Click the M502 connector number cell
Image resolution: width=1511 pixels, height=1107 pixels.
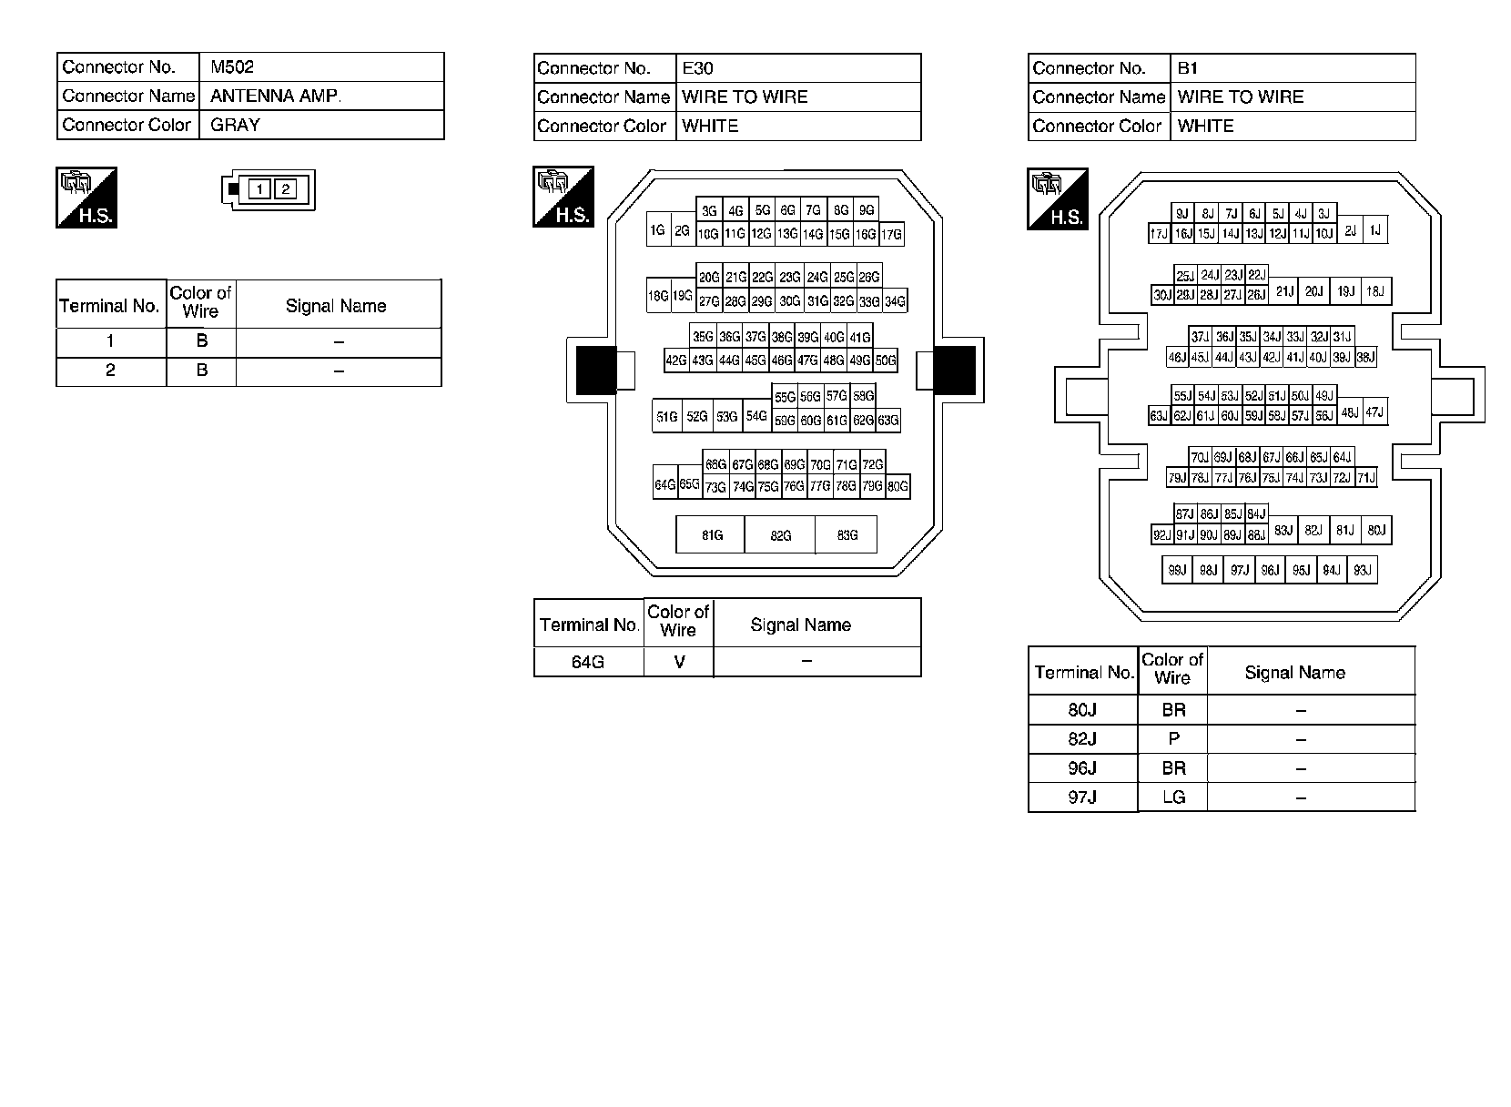tap(321, 67)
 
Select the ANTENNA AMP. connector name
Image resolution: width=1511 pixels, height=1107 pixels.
tap(321, 96)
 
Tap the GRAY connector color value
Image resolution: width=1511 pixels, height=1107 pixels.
tap(321, 125)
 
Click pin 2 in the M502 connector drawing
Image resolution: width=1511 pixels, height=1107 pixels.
tap(286, 189)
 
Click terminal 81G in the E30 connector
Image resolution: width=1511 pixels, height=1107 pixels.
tap(711, 535)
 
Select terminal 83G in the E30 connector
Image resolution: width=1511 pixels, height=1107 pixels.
tap(847, 535)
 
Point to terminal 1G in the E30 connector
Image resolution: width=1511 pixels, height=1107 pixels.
tap(658, 231)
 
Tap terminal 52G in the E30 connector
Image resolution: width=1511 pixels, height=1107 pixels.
tap(696, 417)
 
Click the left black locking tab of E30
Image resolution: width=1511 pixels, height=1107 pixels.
tap(596, 371)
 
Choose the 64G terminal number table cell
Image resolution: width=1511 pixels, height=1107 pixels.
tap(588, 662)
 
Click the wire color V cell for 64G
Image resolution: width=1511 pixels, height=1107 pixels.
tap(679, 662)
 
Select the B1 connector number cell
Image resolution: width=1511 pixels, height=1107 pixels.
tap(1293, 68)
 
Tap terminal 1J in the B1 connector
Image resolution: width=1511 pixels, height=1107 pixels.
tap(1375, 231)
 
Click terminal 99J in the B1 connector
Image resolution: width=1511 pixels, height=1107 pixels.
tap(1177, 571)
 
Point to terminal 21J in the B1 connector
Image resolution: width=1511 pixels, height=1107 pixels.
tap(1283, 292)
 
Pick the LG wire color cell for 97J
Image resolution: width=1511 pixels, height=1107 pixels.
tap(1173, 797)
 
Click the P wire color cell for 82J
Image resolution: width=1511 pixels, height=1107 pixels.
tap(1173, 739)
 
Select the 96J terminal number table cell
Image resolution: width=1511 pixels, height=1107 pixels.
tap(1082, 768)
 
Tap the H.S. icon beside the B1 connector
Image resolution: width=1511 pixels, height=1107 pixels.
tap(1058, 198)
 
